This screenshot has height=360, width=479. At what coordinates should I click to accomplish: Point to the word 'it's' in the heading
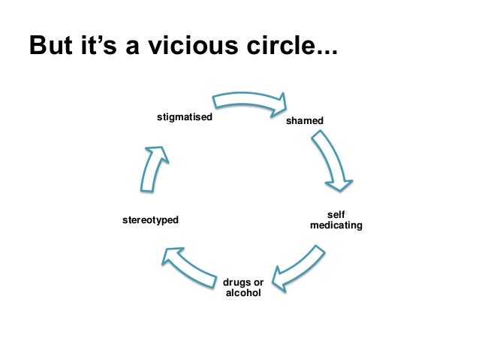click(104, 47)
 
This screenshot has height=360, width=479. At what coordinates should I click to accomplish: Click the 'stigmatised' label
click(185, 117)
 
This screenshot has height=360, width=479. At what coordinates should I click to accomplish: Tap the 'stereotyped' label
click(150, 220)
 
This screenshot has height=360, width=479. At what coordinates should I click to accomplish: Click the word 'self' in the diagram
click(336, 214)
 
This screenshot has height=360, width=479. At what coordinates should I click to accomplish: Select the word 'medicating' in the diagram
click(336, 225)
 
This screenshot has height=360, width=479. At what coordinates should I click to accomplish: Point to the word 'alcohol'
click(243, 292)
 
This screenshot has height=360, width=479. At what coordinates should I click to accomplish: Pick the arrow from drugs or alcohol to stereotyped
click(191, 262)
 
